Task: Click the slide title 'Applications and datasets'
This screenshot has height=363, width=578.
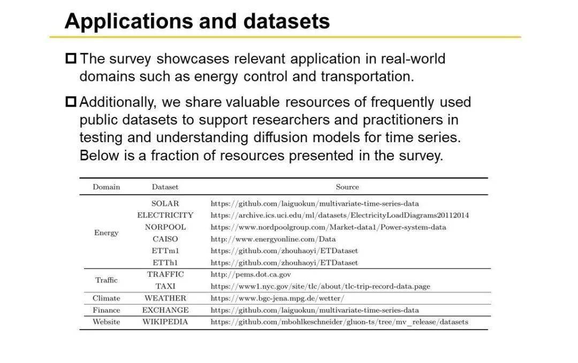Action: [x=197, y=21]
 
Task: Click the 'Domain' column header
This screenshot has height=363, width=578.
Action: [x=106, y=187]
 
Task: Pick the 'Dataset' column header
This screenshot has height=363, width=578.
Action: [x=165, y=187]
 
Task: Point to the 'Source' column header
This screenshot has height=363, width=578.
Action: [x=347, y=187]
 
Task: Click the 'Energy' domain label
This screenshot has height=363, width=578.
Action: [x=106, y=233]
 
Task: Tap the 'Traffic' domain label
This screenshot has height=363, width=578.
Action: [x=106, y=280]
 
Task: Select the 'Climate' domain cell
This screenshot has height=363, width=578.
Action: [x=106, y=298]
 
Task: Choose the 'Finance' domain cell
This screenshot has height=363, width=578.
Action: [x=106, y=310]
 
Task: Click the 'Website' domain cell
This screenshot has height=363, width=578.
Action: [x=106, y=322]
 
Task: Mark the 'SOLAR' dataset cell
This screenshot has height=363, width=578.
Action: [x=165, y=204]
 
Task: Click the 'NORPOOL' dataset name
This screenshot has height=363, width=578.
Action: [x=165, y=227]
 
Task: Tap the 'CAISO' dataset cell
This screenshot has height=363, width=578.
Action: [x=165, y=239]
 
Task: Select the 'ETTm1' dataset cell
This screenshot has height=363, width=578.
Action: [x=165, y=251]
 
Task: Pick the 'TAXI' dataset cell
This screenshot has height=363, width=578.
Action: [x=165, y=286]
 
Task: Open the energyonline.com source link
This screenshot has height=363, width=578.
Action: [x=273, y=239]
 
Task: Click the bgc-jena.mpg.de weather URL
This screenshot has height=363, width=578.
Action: [x=277, y=298]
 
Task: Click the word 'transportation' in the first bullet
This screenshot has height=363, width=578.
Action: [x=367, y=76]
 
